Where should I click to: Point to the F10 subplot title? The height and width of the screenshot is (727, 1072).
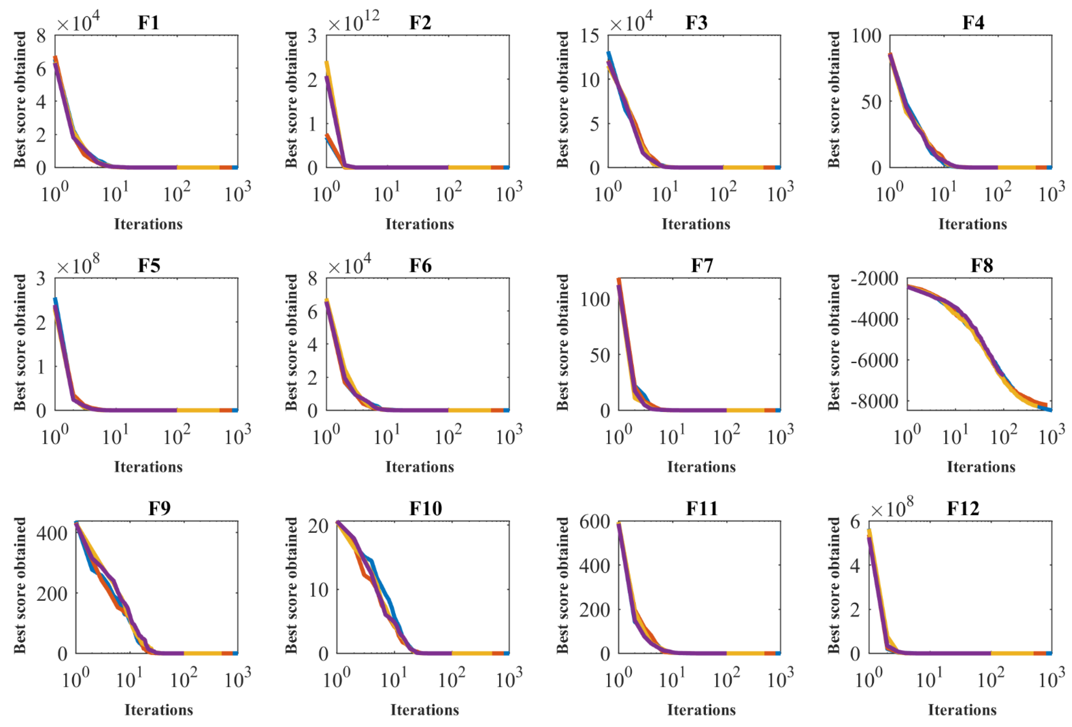pyautogui.click(x=425, y=508)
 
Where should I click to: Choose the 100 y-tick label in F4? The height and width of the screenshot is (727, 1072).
pyautogui.click(x=866, y=36)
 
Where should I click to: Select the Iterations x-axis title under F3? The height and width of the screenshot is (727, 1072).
pyautogui.click(x=696, y=224)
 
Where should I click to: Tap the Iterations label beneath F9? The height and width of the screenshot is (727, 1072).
pyautogui.click(x=159, y=710)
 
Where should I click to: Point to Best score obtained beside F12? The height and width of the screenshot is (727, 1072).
pyautogui.click(x=834, y=585)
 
